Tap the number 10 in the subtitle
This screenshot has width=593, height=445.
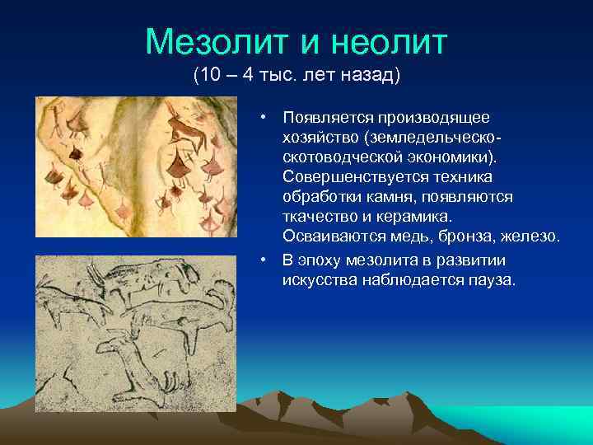tap(210, 76)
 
